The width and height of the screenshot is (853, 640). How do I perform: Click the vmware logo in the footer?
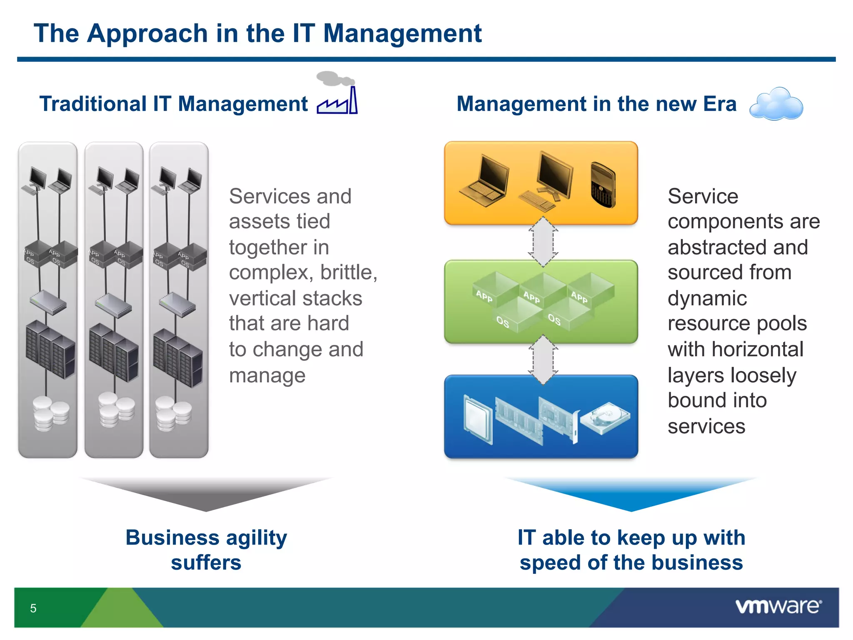(778, 606)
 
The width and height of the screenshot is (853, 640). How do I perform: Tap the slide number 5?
(33, 608)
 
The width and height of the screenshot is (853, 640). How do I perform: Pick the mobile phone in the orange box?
(603, 185)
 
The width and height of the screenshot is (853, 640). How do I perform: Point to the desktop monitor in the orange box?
(548, 181)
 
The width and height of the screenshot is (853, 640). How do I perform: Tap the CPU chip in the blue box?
(478, 419)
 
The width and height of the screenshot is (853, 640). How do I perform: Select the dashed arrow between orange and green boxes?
(543, 242)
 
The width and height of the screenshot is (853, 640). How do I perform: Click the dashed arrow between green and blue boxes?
(543, 360)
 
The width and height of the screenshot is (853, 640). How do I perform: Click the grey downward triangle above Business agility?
(206, 494)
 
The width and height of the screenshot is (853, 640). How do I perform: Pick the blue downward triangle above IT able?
(631, 494)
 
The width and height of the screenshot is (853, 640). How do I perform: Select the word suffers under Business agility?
(206, 562)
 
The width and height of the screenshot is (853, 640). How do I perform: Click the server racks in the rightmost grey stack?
(178, 357)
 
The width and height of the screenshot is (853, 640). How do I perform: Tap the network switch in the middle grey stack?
(113, 305)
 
